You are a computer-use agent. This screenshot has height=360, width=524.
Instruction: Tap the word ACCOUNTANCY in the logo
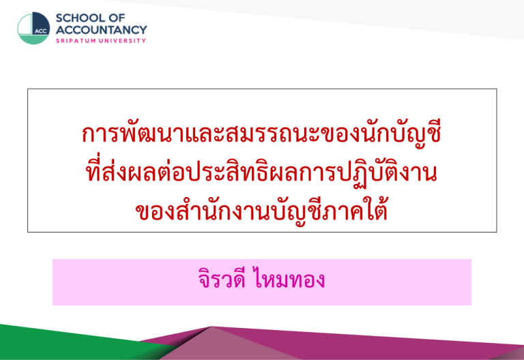pos(101,30)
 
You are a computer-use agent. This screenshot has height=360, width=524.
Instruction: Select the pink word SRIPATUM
pos(76,41)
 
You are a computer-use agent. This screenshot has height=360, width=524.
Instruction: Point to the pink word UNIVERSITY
pos(121,41)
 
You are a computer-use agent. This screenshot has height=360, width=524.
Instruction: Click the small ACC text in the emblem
pos(41,31)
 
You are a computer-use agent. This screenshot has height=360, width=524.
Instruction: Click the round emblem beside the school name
pos(33,29)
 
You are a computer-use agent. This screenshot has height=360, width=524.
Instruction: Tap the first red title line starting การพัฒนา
pos(261,134)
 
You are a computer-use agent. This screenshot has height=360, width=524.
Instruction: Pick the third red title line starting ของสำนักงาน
pos(261,211)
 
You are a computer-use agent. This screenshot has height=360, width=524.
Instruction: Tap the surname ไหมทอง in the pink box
pos(289,279)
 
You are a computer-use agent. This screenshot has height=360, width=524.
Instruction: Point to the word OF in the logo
pos(118,18)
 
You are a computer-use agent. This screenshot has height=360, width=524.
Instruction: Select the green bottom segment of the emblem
pos(33,40)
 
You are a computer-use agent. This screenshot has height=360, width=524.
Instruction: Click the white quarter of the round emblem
pos(25,25)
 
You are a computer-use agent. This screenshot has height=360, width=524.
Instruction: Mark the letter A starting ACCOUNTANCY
pos(61,30)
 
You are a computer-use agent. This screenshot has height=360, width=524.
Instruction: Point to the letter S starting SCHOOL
pos(59,18)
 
